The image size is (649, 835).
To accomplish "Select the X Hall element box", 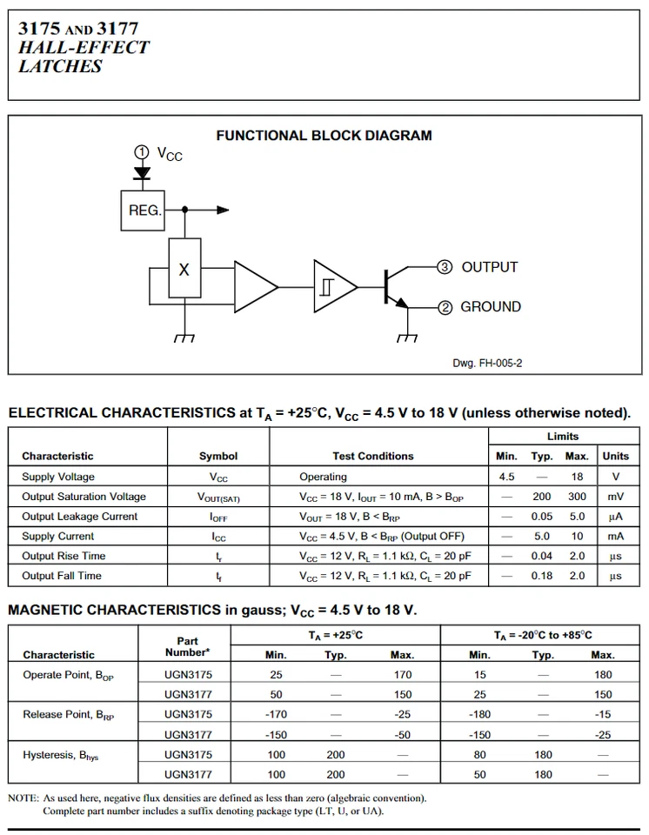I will click(184, 271).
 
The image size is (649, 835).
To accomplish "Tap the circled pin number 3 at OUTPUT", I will click(445, 267).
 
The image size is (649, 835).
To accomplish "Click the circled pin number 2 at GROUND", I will click(445, 306).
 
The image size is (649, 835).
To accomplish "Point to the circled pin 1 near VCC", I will click(141, 151).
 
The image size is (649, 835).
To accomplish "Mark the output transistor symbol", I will click(394, 287).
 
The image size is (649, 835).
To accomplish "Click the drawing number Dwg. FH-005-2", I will click(487, 364).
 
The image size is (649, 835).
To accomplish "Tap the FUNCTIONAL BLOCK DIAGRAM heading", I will click(324, 136).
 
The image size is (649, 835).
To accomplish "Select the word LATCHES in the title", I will click(60, 66).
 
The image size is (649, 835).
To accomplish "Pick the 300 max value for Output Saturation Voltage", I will click(577, 497).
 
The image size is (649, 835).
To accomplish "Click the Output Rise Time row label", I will click(64, 556).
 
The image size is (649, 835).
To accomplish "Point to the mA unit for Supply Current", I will click(615, 537).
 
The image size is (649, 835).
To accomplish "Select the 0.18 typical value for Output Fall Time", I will click(542, 576).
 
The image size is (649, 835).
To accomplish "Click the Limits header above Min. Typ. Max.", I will click(562, 437).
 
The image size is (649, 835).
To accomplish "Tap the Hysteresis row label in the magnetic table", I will click(60, 755).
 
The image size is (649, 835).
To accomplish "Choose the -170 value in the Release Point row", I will click(276, 715).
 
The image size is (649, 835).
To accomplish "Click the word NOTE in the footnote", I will click(23, 798).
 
